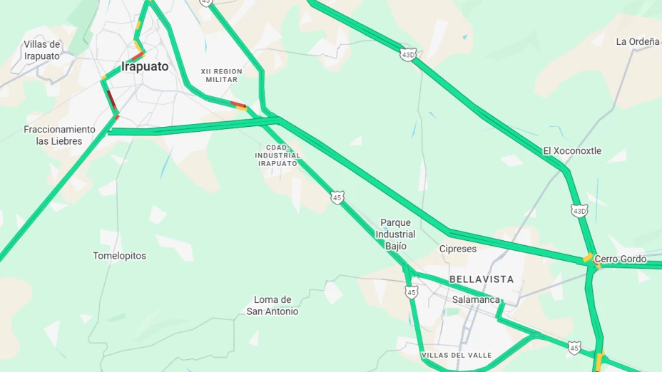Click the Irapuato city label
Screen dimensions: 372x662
pyautogui.click(x=145, y=67)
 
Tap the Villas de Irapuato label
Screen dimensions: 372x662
pyautogui.click(x=42, y=51)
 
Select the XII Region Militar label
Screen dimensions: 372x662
pyautogui.click(x=221, y=76)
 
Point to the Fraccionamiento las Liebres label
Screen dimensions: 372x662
pyautogui.click(x=59, y=135)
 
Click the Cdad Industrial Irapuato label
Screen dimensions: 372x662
pyautogui.click(x=277, y=155)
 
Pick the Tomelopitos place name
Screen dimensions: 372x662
pyautogui.click(x=119, y=256)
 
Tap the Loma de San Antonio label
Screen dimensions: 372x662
pyautogui.click(x=273, y=306)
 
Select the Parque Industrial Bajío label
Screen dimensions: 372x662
pyautogui.click(x=395, y=234)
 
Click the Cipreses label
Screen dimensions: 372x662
pyautogui.click(x=457, y=249)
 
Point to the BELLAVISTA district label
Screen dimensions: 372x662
pyautogui.click(x=482, y=279)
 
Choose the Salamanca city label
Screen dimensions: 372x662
pyautogui.click(x=476, y=300)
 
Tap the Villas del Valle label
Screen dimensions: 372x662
pyautogui.click(x=456, y=355)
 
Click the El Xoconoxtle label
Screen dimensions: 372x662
pyautogui.click(x=572, y=151)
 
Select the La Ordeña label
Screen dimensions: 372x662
pyautogui.click(x=637, y=41)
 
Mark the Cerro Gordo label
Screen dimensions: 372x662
pyautogui.click(x=621, y=259)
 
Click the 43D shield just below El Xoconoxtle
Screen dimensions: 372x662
pyautogui.click(x=579, y=211)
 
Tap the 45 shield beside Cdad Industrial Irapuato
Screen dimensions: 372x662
pyautogui.click(x=337, y=197)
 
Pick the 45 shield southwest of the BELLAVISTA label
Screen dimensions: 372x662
pyautogui.click(x=411, y=291)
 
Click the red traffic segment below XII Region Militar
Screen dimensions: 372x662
pyautogui.click(x=238, y=105)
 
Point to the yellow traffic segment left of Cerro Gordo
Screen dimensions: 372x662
pyautogui.click(x=588, y=258)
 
